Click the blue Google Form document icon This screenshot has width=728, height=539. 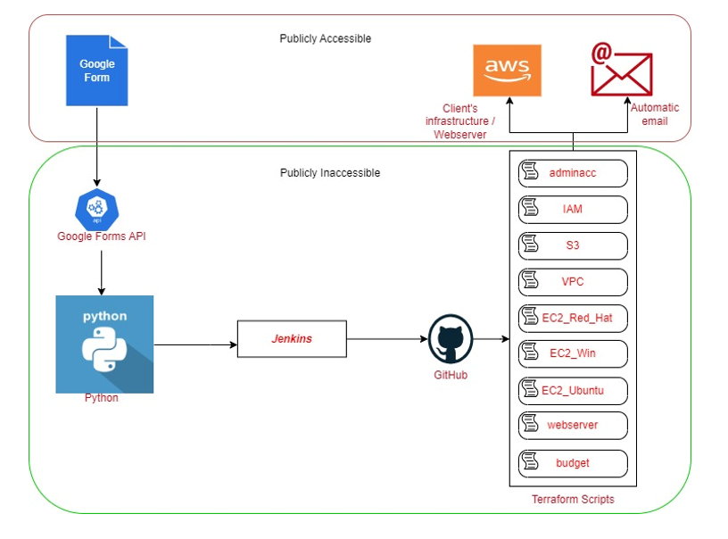pyautogui.click(x=97, y=70)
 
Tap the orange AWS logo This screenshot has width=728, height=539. pyautogui.click(x=507, y=70)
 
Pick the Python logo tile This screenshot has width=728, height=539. pyautogui.click(x=104, y=344)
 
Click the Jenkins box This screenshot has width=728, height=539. pyautogui.click(x=292, y=339)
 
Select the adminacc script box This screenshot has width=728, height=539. pyautogui.click(x=573, y=173)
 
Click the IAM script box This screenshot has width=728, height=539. pyautogui.click(x=573, y=210)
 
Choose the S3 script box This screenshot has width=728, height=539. pyautogui.click(x=573, y=245)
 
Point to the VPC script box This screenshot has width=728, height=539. pyautogui.click(x=573, y=282)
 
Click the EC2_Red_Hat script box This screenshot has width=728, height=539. pyautogui.click(x=573, y=318)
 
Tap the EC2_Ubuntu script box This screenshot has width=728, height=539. pyautogui.click(x=573, y=390)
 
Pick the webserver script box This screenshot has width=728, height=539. pyautogui.click(x=573, y=426)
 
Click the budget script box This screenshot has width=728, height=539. pyautogui.click(x=573, y=463)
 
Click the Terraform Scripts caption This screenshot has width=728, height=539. pyautogui.click(x=573, y=499)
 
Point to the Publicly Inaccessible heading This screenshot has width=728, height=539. pyautogui.click(x=330, y=172)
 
